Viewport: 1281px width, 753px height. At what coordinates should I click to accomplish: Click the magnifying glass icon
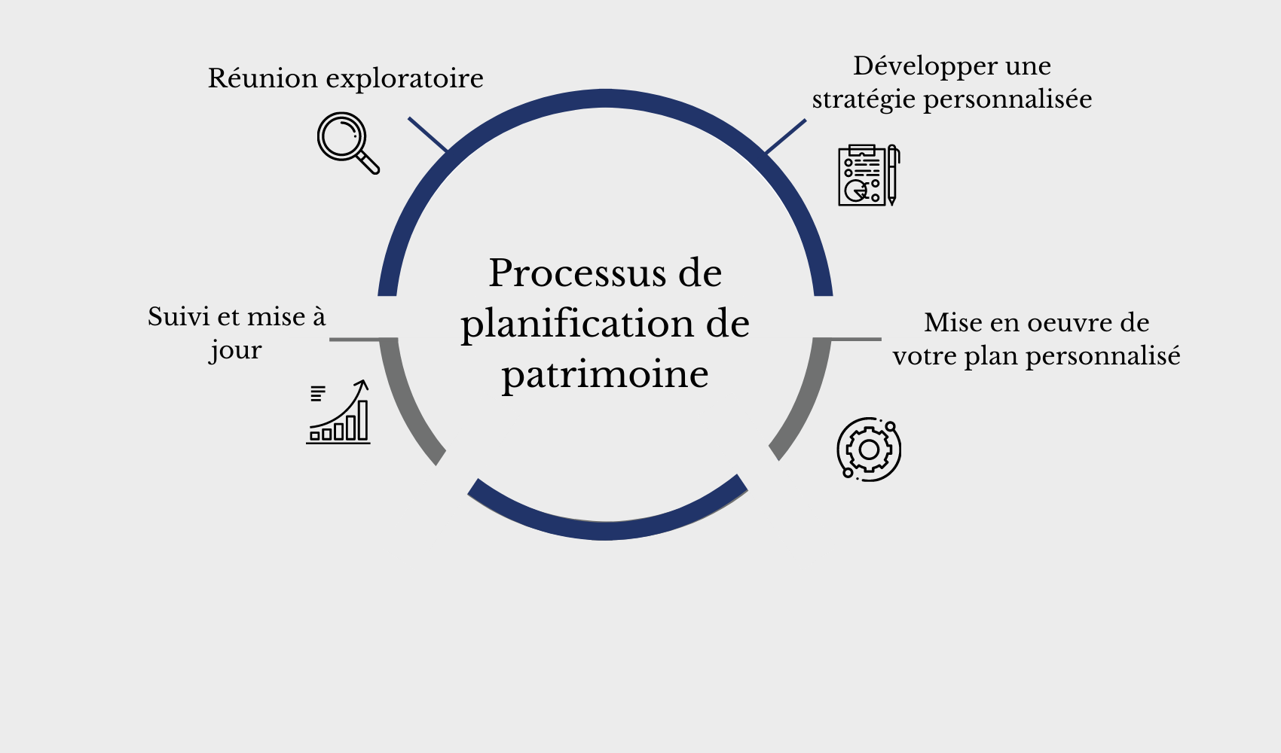pos(347,142)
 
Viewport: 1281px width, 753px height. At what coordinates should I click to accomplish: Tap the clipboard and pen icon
pos(868,175)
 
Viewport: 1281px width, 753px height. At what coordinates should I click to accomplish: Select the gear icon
pos(869,450)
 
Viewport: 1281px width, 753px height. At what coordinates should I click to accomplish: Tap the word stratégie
pos(864,100)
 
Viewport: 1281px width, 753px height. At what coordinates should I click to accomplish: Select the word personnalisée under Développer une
pos(1008,99)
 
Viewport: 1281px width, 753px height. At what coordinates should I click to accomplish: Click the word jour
pos(236,351)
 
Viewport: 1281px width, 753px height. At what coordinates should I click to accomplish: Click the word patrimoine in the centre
pos(605,374)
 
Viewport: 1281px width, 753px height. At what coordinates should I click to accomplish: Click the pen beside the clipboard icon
pos(892,175)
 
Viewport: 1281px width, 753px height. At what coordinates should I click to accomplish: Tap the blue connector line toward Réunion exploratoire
pos(427,134)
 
